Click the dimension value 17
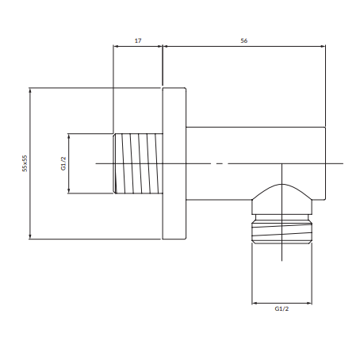(x=138, y=40)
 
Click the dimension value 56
(x=244, y=40)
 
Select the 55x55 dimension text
(x=25, y=163)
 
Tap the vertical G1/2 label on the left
(x=63, y=163)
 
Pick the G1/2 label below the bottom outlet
(x=281, y=308)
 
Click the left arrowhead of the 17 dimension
(x=116, y=46)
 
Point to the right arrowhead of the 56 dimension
(x=323, y=46)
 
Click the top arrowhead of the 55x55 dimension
(x=30, y=90)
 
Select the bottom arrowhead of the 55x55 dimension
(x=30, y=236)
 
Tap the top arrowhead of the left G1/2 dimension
(x=69, y=136)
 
